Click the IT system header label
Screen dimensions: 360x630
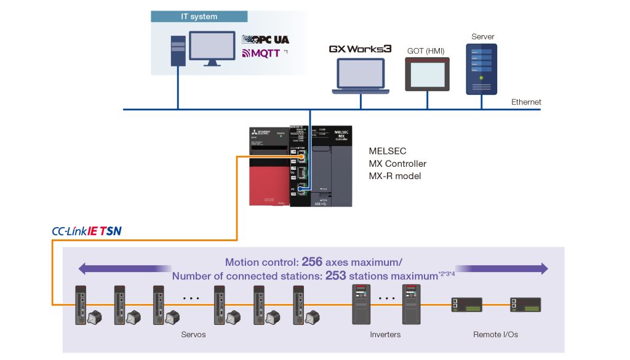199,17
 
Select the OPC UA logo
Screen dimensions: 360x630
266,39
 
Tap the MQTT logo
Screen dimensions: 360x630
261,54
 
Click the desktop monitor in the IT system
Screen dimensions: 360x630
211,47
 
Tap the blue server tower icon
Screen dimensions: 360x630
482,68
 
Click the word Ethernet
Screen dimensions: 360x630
526,102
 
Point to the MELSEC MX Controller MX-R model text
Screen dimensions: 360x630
397,164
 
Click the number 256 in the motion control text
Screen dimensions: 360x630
313,262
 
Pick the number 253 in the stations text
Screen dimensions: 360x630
335,276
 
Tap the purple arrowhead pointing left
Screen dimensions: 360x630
82,269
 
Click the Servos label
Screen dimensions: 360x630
193,335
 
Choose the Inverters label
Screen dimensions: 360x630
385,335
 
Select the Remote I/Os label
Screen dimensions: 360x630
495,335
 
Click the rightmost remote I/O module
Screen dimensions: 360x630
525,304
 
